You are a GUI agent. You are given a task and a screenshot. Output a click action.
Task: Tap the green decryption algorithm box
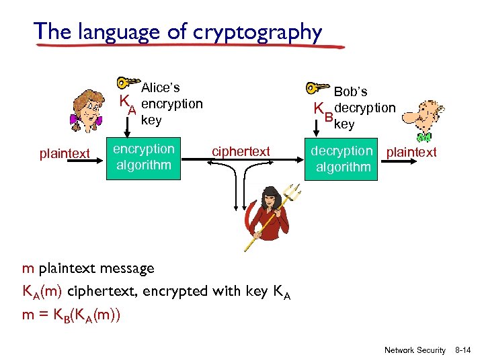(342, 160)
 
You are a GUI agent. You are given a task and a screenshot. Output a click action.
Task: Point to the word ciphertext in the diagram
(241, 152)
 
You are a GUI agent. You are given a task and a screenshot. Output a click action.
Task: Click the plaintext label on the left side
(65, 154)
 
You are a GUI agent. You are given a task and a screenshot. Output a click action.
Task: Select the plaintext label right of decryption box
(411, 152)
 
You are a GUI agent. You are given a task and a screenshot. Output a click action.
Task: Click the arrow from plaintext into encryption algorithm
(98, 161)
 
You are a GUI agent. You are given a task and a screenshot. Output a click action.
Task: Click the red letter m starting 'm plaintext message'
(28, 268)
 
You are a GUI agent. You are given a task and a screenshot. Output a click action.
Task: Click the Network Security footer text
(414, 350)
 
